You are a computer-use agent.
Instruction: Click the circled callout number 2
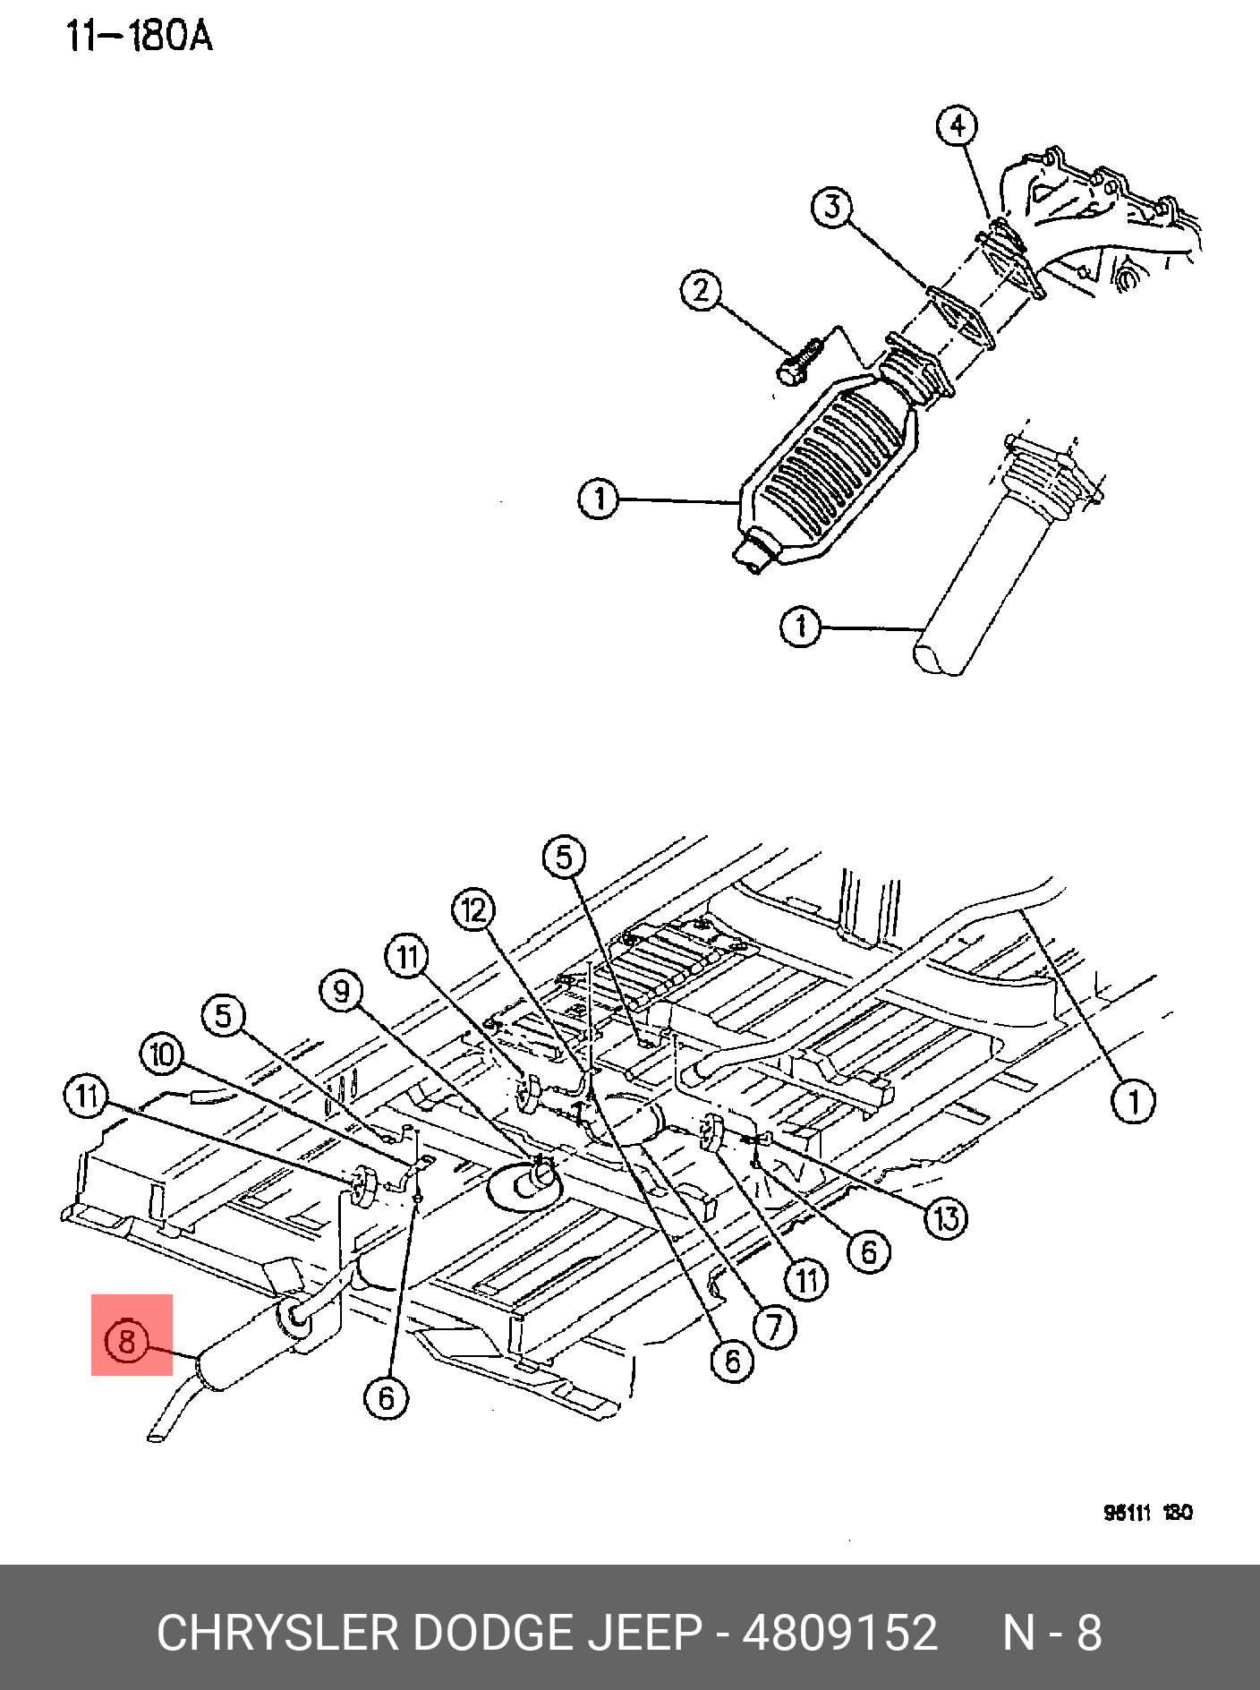pos(701,290)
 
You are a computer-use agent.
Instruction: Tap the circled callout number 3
pos(832,207)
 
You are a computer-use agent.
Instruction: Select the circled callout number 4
pos(958,125)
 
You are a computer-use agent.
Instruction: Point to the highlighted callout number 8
pos(126,1340)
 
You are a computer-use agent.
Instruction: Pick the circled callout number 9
pos(341,991)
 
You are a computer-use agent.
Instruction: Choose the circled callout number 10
pos(162,1054)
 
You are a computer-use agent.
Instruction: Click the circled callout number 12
pos(473,910)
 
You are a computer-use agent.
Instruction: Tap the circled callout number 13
pos(946,1218)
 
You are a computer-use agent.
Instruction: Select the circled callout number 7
pos(774,1327)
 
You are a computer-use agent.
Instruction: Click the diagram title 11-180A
pos(139,37)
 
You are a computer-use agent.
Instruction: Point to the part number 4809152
pos(840,1633)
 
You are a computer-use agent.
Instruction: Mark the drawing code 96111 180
pos(1147,1512)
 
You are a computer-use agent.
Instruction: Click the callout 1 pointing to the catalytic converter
pos(599,498)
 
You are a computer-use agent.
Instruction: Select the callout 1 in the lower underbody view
pos(1133,1100)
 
